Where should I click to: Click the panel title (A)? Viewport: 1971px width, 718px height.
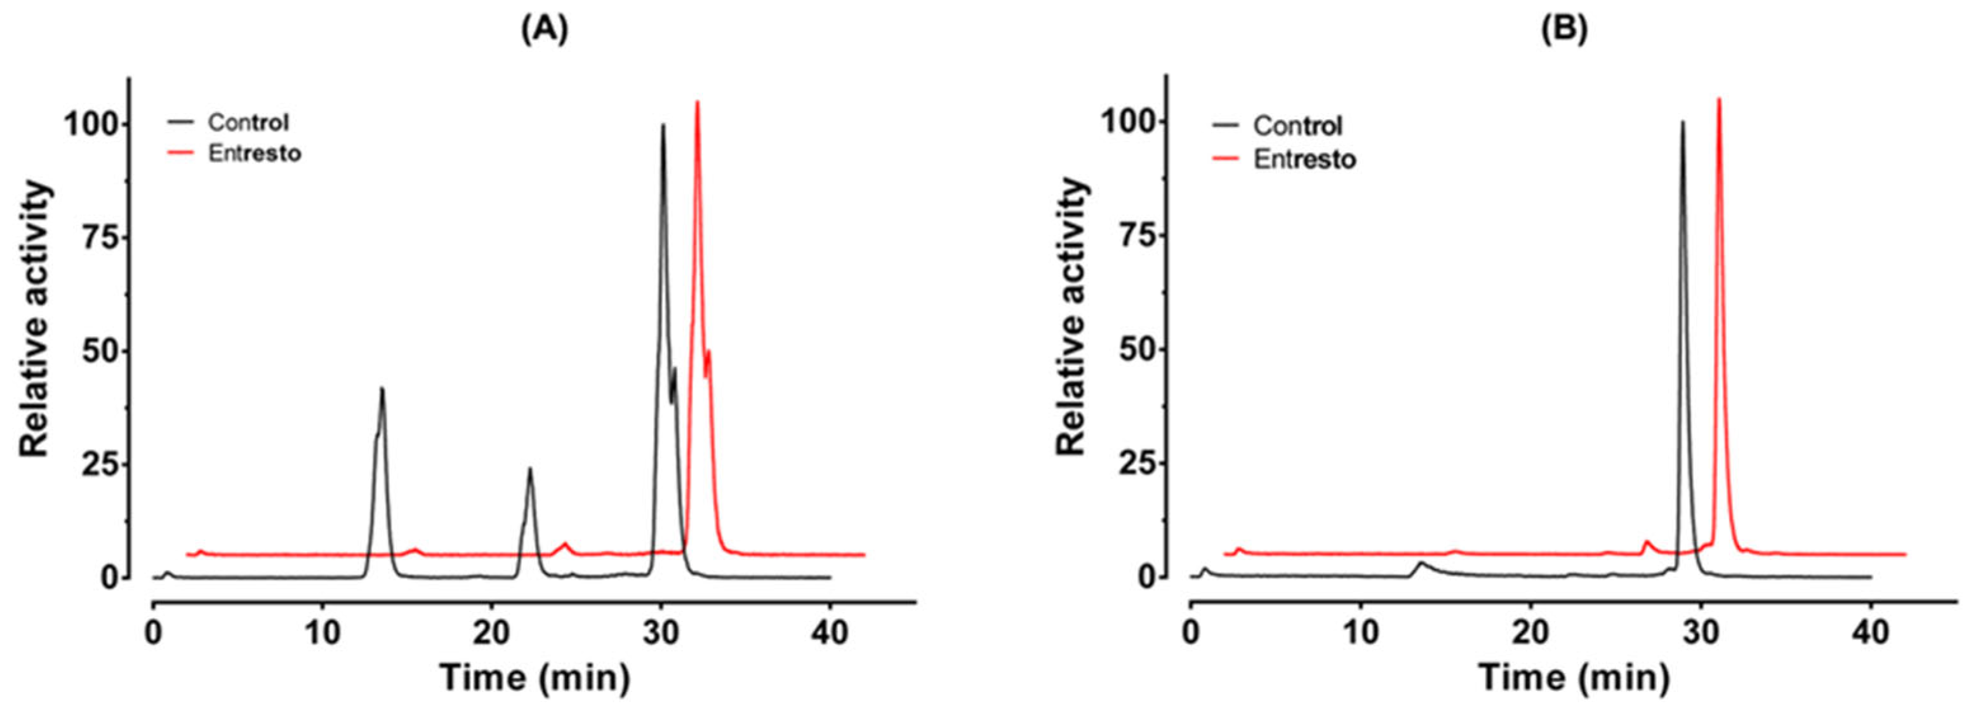pyautogui.click(x=545, y=30)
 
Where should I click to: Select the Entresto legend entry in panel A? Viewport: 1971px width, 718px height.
pyautogui.click(x=254, y=153)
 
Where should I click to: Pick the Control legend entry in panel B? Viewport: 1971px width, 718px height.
pyautogui.click(x=1297, y=126)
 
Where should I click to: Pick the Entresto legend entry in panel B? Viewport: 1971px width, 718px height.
pyautogui.click(x=1304, y=159)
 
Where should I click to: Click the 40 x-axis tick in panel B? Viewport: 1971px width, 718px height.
pyautogui.click(x=1871, y=633)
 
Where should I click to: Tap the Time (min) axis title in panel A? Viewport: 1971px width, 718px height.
pyautogui.click(x=535, y=677)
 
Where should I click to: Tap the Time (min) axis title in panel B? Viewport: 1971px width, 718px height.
pyautogui.click(x=1573, y=677)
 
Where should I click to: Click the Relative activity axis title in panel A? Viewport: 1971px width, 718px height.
pyautogui.click(x=34, y=320)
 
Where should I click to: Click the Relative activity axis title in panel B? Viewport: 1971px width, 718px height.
pyautogui.click(x=1072, y=317)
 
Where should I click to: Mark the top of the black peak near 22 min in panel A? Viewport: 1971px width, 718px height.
pyautogui.click(x=529, y=469)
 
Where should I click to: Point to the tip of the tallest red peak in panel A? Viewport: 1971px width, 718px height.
pyautogui.click(x=697, y=101)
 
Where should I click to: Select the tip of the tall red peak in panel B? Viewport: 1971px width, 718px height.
pyautogui.click(x=1734, y=99)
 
